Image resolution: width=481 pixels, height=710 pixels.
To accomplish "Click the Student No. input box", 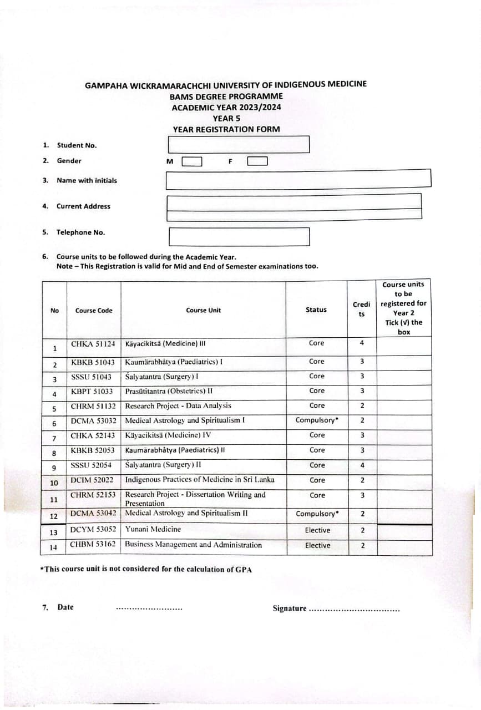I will point(238,145).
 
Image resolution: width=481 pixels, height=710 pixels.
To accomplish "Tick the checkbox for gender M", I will point(191,162).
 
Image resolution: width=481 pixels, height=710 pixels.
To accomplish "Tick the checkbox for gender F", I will point(257,161).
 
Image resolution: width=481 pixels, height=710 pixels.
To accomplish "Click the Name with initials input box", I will point(298,179).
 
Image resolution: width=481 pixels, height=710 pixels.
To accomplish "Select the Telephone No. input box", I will point(239,236).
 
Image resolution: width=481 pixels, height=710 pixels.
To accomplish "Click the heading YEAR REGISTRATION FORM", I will point(226,129).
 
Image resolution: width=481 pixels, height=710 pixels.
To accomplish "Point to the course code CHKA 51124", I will point(93,343).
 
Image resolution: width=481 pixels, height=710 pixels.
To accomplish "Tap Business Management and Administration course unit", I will point(193,545).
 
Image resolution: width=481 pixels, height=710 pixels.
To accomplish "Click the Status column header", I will point(316,310).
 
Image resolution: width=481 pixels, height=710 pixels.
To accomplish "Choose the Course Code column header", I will point(94,311).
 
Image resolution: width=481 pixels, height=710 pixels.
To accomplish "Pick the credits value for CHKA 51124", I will point(362,343).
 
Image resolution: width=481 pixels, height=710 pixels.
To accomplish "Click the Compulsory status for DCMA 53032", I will point(317,420).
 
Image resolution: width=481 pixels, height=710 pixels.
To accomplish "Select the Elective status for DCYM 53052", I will point(317,530).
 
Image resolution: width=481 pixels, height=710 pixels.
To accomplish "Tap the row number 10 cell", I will point(54,483).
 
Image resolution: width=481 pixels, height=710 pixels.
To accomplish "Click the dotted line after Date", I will point(149,609).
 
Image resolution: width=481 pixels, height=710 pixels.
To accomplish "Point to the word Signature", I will point(289,608).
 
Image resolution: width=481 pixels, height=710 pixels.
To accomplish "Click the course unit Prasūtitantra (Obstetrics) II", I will point(169,390).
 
